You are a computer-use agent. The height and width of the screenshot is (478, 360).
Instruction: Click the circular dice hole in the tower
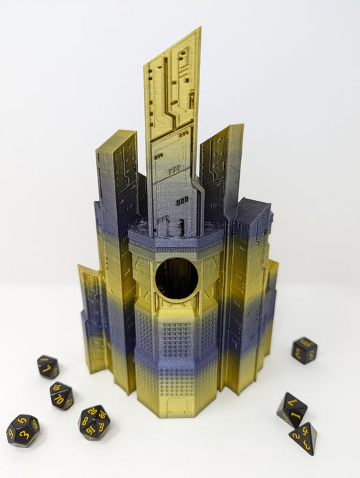pos(176,279)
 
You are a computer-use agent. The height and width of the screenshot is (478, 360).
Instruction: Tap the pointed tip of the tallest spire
pos(199,29)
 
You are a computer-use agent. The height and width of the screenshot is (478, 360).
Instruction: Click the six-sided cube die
pos(304,350)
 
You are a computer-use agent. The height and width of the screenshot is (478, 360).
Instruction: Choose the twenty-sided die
pos(94,421)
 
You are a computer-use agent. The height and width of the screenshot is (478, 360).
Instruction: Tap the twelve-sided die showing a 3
pos(23,430)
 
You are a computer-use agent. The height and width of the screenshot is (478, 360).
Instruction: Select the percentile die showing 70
pos(61,395)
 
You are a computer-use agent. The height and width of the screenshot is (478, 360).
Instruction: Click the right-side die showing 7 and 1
pos(291,408)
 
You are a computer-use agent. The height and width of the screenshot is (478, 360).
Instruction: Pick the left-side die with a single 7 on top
pos(47,367)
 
